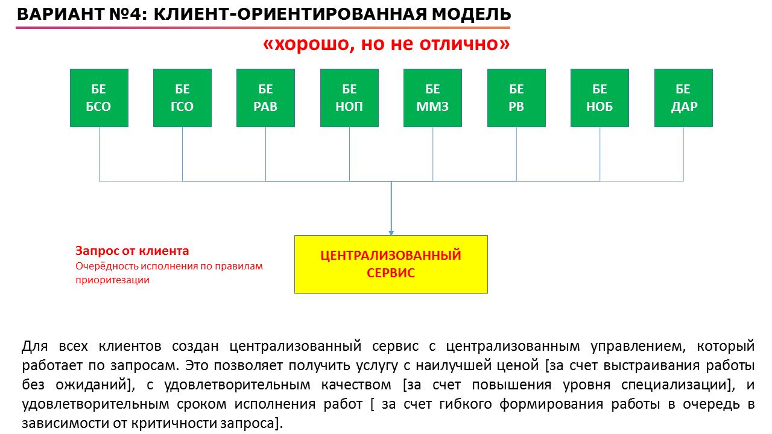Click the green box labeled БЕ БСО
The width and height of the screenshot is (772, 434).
[x=100, y=98]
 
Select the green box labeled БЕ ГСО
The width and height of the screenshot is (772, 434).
[x=182, y=98]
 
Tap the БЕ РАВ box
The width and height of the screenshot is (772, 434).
[x=266, y=98]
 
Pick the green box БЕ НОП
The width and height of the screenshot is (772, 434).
[x=349, y=98]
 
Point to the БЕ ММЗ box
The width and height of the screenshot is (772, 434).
[x=433, y=98]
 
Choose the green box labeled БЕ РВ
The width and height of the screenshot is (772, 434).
[x=516, y=98]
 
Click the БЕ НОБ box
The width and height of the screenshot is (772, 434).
[x=600, y=98]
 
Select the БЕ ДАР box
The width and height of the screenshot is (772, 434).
[x=683, y=98]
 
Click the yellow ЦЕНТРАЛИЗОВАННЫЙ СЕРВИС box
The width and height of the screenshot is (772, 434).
[x=391, y=264]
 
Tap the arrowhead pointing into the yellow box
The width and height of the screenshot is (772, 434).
[x=391, y=233]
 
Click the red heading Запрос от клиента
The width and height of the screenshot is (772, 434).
[x=132, y=251]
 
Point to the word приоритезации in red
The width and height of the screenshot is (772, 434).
[x=112, y=280]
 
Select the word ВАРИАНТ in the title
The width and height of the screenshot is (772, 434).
[x=61, y=14]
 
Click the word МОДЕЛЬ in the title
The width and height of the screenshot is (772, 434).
[x=472, y=14]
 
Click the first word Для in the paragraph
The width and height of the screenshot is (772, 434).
[x=34, y=346]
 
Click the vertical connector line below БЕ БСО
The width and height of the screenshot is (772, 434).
[x=100, y=154]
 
